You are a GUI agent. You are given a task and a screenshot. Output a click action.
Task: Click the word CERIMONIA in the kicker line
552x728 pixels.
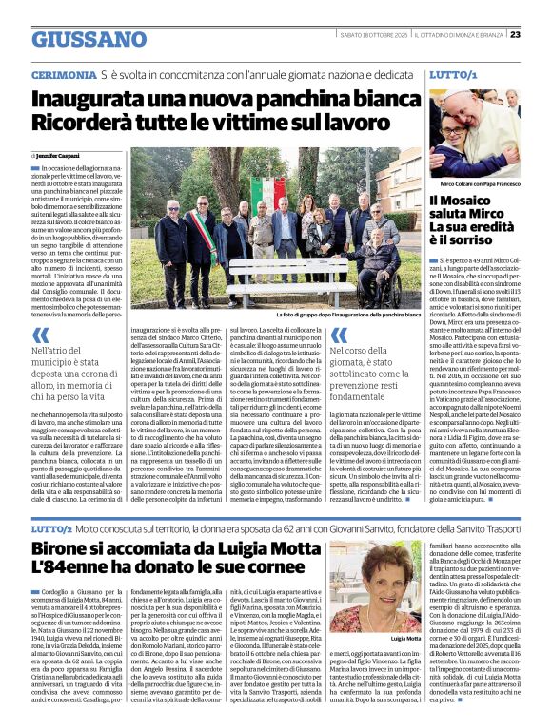pyautogui.click(x=63, y=73)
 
